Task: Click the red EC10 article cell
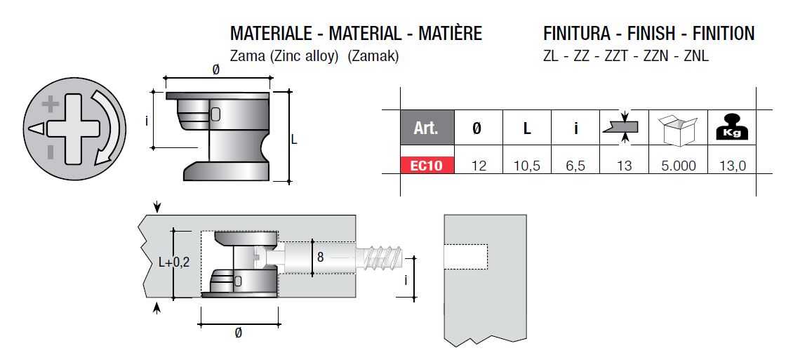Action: pyautogui.click(x=427, y=165)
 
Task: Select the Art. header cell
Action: pyautogui.click(x=427, y=128)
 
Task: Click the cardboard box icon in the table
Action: pyautogui.click(x=678, y=129)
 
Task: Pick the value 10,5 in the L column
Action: pyautogui.click(x=526, y=166)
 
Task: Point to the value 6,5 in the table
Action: pyautogui.click(x=575, y=166)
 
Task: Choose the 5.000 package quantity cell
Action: pyautogui.click(x=678, y=166)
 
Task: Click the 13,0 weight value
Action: pyautogui.click(x=731, y=166)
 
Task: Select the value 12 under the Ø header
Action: pyautogui.click(x=479, y=166)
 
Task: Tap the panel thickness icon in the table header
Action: pyautogui.click(x=623, y=127)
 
